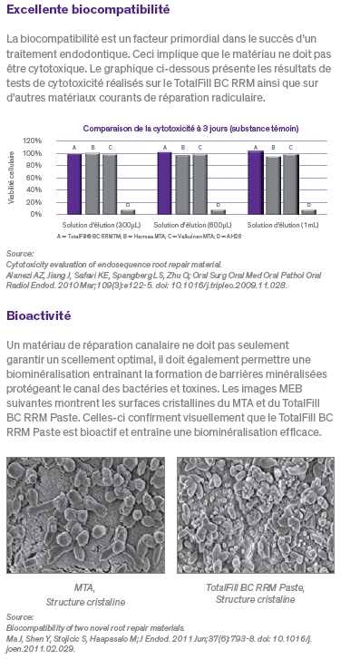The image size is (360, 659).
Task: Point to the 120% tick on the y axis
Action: click(x=33, y=141)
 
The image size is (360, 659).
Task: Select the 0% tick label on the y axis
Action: click(x=36, y=214)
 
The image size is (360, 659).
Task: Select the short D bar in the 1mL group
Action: click(x=308, y=211)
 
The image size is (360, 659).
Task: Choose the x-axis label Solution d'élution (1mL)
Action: click(x=282, y=224)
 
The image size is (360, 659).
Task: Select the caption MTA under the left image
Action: click(x=85, y=588)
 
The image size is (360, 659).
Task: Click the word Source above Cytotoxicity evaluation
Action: click(x=19, y=253)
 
